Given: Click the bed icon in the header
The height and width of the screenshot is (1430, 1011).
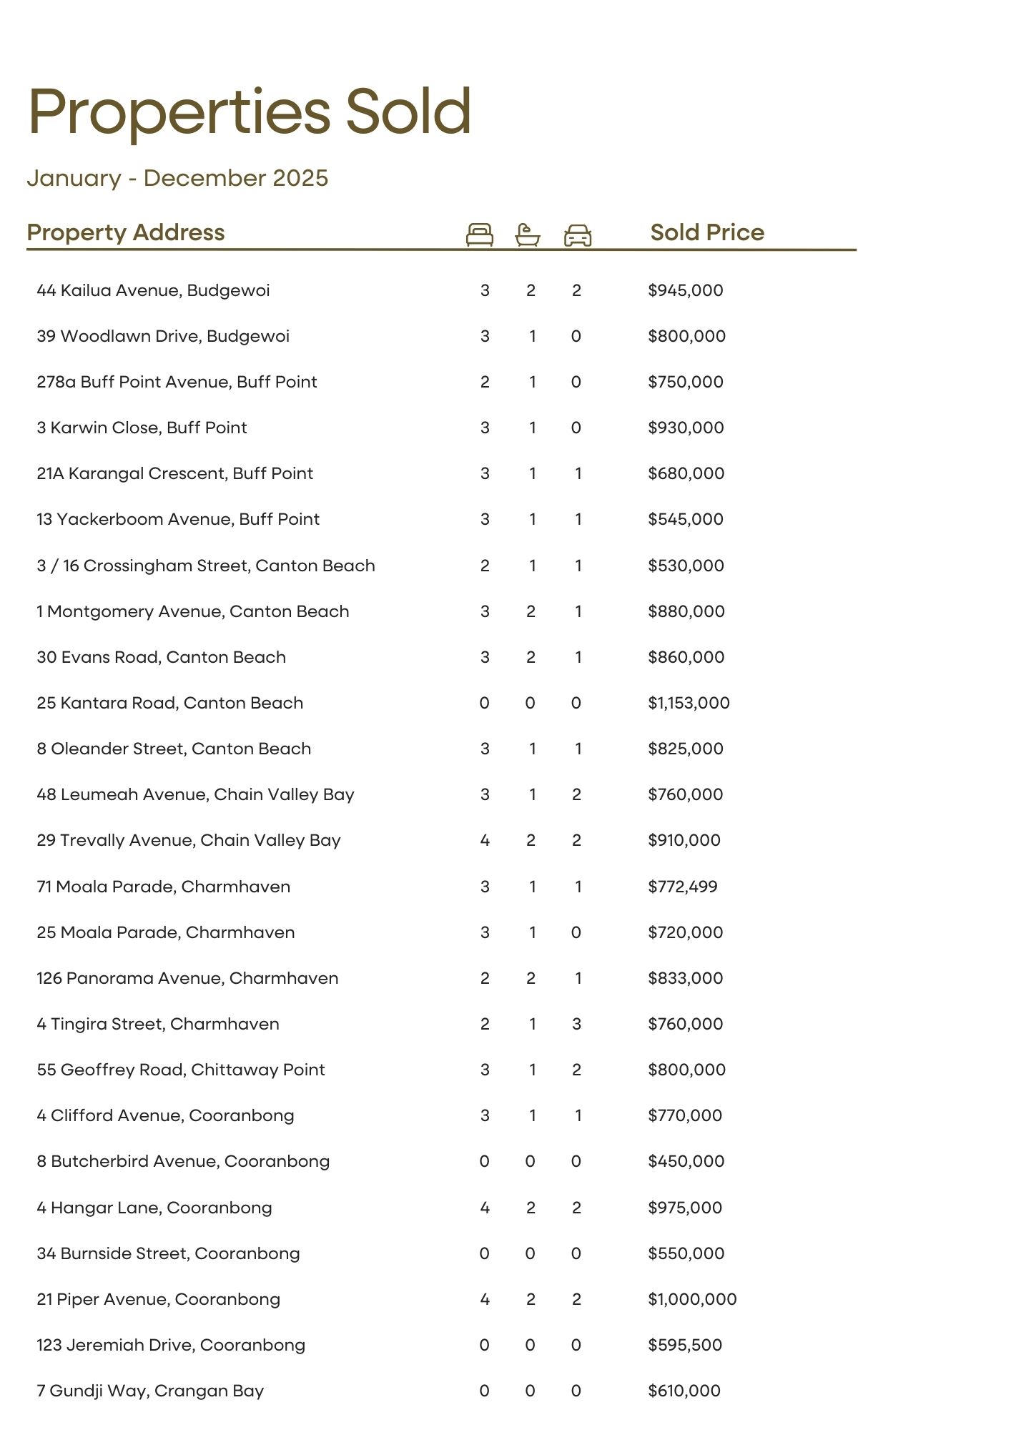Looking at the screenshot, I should click(x=479, y=235).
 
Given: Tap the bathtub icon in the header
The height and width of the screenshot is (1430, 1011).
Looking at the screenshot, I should click(x=528, y=235).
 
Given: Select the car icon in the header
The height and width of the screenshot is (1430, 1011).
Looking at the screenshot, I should click(x=577, y=235).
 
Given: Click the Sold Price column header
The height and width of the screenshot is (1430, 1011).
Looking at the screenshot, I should click(x=706, y=232).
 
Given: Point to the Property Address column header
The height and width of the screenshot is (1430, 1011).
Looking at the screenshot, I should click(x=126, y=232).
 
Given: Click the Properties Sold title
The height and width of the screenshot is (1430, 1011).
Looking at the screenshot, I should click(x=250, y=112).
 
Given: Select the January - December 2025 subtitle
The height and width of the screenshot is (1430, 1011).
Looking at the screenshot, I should click(x=177, y=178).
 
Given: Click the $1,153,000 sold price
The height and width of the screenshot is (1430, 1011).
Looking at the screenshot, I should click(x=689, y=703).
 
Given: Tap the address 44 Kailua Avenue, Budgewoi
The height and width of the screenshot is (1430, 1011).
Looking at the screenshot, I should click(x=153, y=290).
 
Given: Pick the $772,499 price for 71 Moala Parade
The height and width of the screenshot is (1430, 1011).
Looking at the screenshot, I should click(x=682, y=887).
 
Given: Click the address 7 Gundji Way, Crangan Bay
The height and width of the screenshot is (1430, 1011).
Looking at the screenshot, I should click(x=150, y=1391).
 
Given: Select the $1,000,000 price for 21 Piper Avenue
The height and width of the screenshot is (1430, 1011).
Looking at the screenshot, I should click(x=691, y=1299).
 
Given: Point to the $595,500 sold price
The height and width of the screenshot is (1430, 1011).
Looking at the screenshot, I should click(x=684, y=1345).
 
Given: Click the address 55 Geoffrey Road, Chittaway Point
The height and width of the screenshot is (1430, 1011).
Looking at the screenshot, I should click(x=181, y=1070).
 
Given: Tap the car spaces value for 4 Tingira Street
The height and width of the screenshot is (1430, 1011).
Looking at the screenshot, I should click(x=576, y=1024).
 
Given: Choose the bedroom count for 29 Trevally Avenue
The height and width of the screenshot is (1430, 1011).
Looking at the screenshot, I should click(x=485, y=840).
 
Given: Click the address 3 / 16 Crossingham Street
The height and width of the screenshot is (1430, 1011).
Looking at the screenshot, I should click(x=206, y=566).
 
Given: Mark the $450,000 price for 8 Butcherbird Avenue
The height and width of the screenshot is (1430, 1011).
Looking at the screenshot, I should click(x=686, y=1161).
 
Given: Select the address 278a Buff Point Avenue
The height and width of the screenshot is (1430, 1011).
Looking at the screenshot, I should click(x=177, y=382).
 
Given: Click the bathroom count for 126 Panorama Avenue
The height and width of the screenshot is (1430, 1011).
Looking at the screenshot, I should click(x=531, y=978).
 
